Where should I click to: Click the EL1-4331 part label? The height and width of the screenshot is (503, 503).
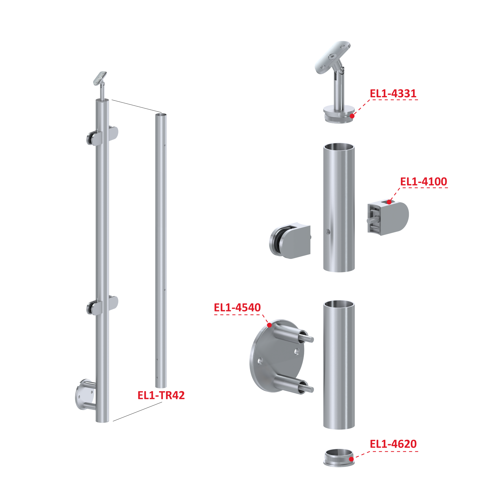[393, 94]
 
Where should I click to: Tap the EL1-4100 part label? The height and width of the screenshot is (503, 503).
[424, 181]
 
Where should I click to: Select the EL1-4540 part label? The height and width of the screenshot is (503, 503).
[237, 307]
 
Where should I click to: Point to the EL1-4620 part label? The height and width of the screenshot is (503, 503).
[393, 444]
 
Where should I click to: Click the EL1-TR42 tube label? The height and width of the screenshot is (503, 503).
[161, 395]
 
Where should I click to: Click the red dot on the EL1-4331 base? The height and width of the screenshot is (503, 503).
[352, 116]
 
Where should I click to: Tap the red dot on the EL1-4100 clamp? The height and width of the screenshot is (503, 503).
[389, 202]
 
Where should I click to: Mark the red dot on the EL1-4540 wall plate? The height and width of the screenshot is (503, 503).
[269, 325]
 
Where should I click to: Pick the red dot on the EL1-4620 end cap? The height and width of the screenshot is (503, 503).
[351, 459]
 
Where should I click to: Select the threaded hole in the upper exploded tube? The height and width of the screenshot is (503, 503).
[328, 231]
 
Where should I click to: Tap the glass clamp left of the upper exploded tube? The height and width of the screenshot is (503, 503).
[290, 241]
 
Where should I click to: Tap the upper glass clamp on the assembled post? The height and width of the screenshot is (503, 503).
[102, 136]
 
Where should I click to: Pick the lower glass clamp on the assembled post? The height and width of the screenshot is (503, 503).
[102, 305]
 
